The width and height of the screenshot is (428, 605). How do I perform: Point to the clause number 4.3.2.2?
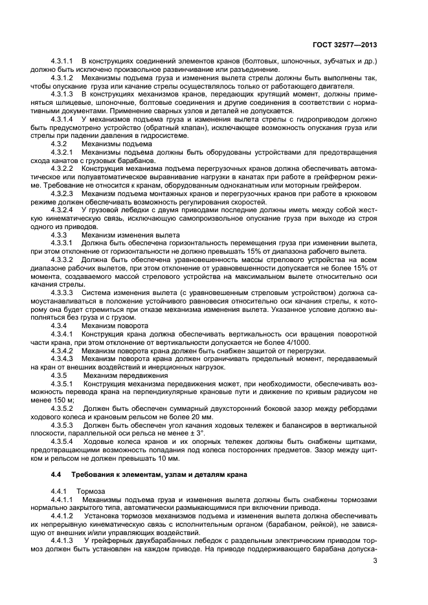pyautogui.click(x=62, y=168)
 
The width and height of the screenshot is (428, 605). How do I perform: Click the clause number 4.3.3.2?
pyautogui.click(x=62, y=257)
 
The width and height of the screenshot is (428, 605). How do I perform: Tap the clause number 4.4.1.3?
pyautogui.click(x=62, y=539)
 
